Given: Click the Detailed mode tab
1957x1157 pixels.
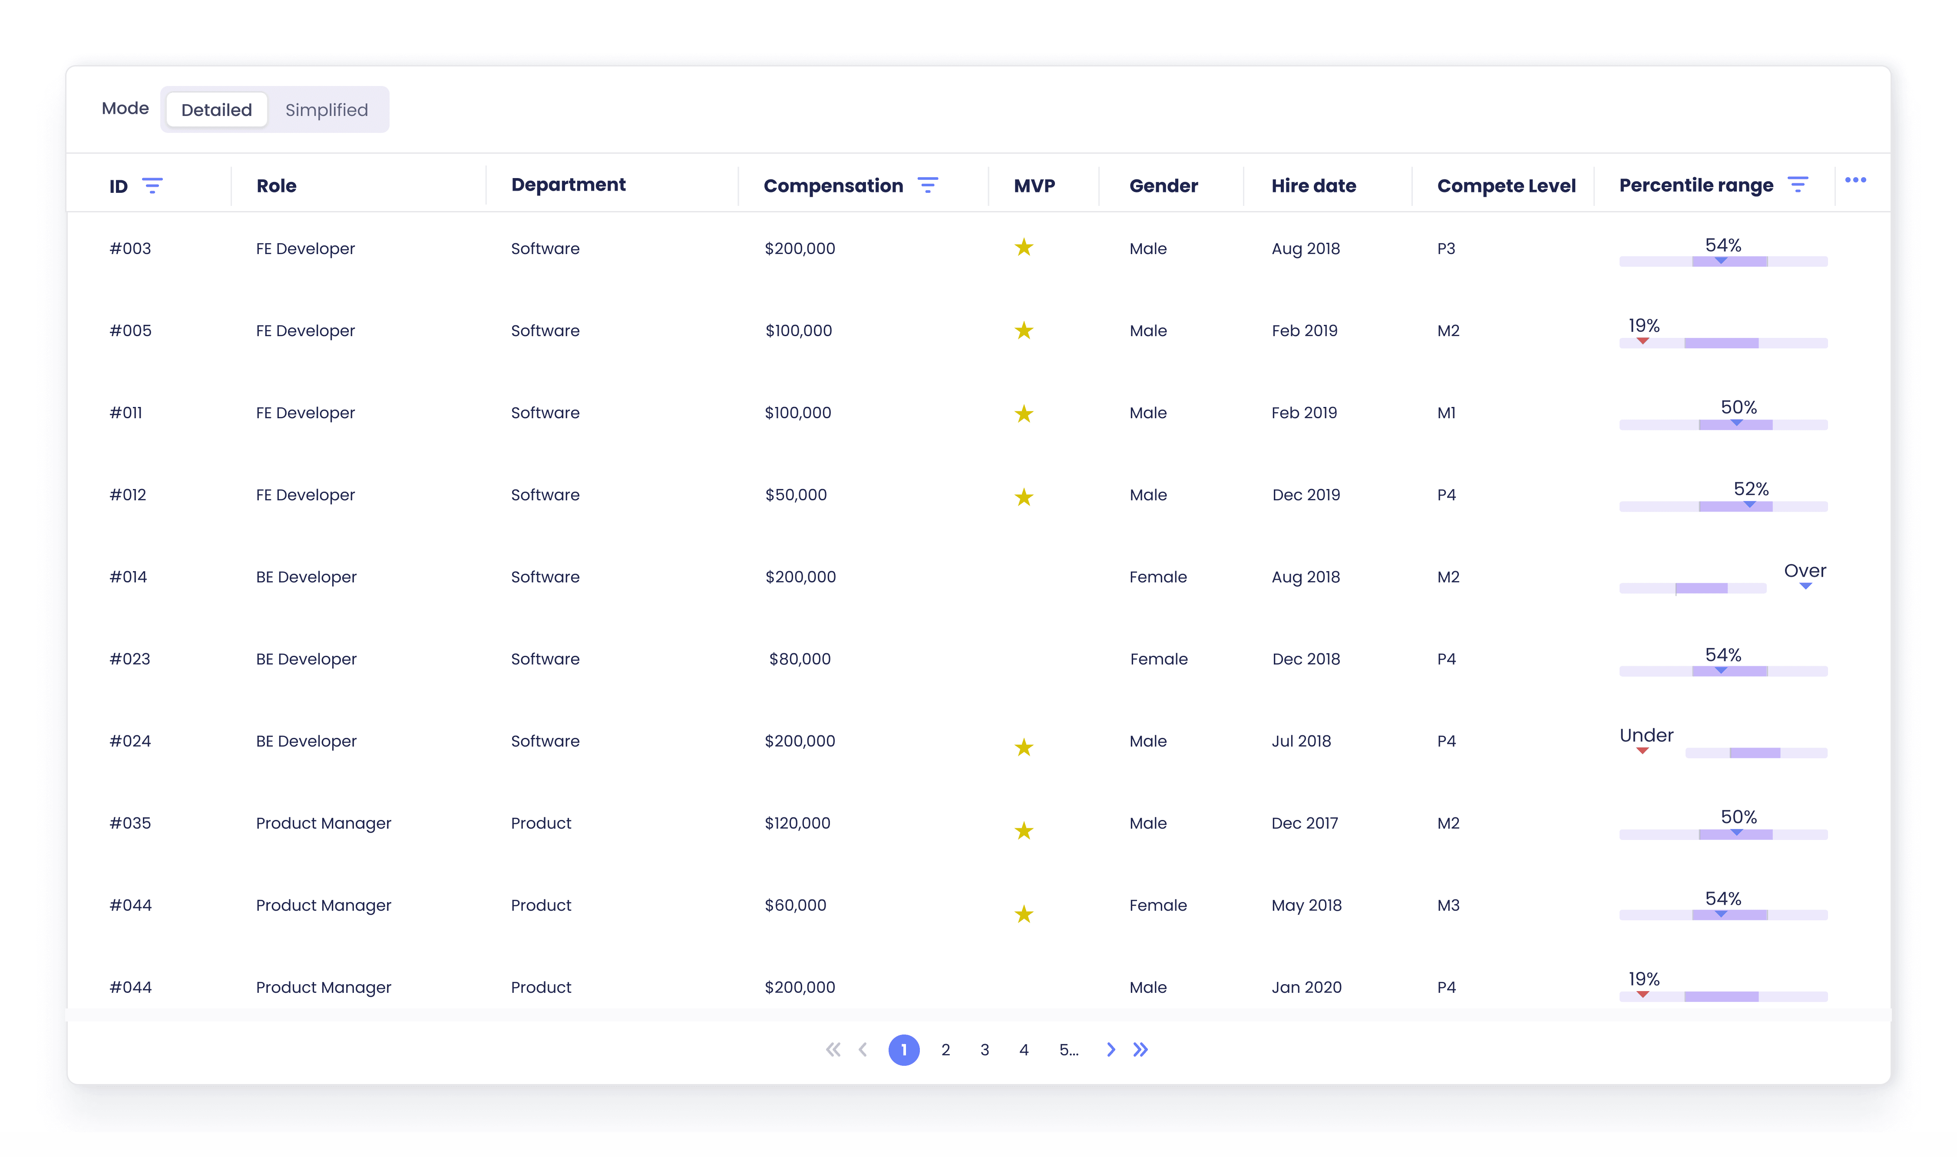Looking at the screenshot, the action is pyautogui.click(x=217, y=110).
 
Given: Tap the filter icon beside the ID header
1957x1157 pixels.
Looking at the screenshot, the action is pyautogui.click(x=152, y=185).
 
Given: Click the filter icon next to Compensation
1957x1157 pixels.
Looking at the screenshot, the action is pyautogui.click(x=928, y=185).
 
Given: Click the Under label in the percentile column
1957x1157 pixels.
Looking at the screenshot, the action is pyautogui.click(x=1646, y=735).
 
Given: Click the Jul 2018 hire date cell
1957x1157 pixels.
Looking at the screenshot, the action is pyautogui.click(x=1301, y=740).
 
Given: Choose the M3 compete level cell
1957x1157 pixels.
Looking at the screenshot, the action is pyautogui.click(x=1448, y=905).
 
